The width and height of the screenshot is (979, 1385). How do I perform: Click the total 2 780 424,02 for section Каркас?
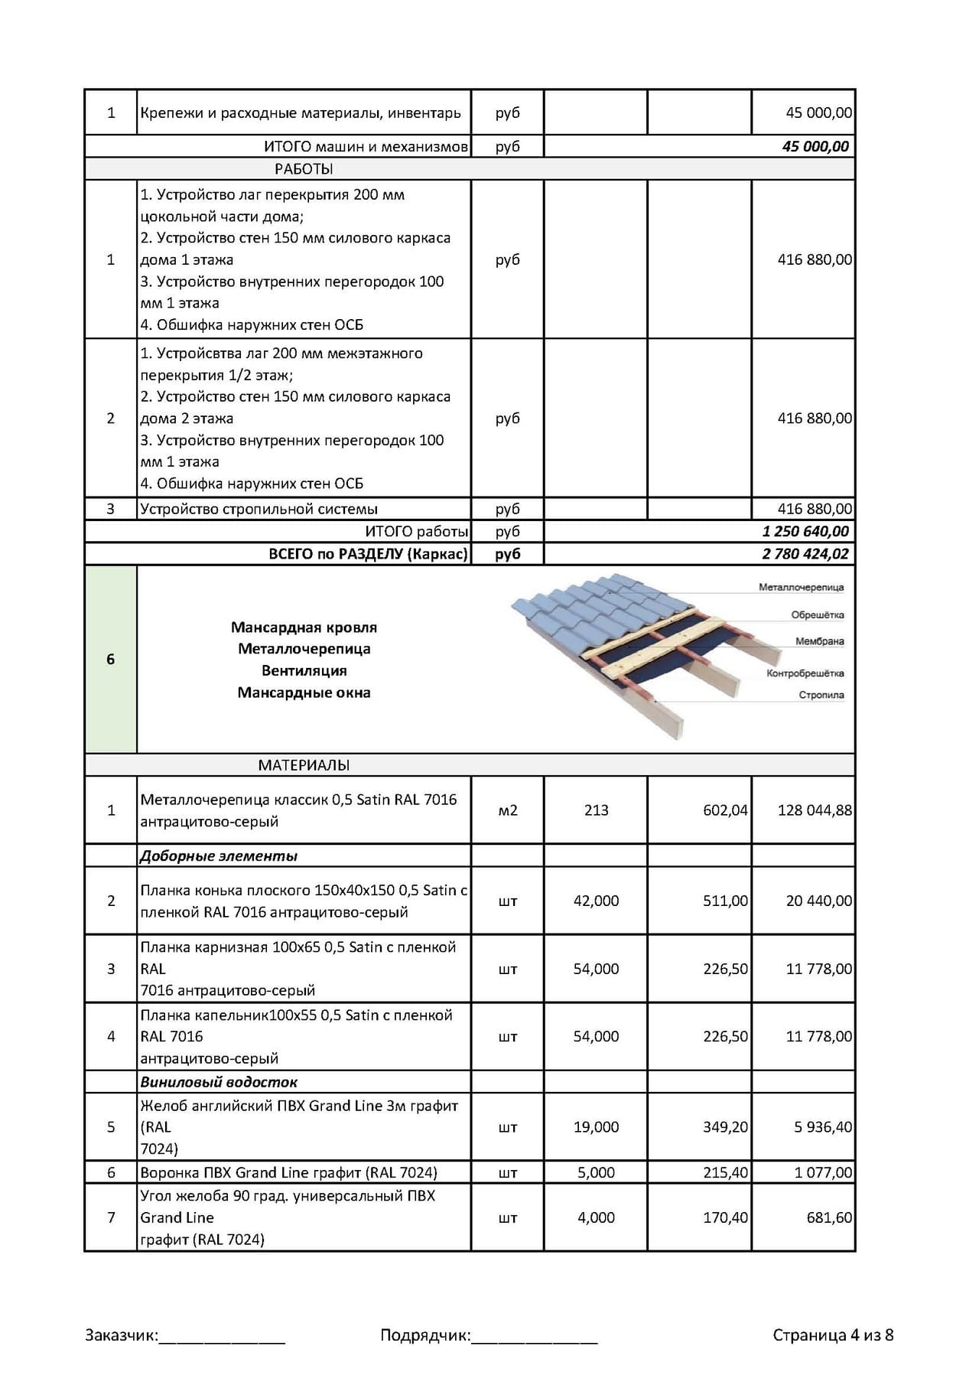[x=805, y=554]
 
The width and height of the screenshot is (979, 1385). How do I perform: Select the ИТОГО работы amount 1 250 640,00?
[x=805, y=531]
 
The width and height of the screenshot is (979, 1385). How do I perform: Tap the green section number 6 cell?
[x=111, y=659]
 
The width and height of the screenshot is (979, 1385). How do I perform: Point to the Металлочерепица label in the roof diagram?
[x=801, y=588]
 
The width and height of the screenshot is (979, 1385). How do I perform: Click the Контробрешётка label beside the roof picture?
[x=805, y=673]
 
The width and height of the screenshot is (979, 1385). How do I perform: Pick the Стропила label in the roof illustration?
[x=821, y=695]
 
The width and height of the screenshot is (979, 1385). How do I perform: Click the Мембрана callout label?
[x=819, y=641]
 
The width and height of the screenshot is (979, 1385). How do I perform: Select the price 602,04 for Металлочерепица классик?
[x=725, y=810]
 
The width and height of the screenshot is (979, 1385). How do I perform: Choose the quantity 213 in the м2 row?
[x=596, y=810]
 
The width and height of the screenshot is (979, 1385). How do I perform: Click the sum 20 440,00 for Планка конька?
[x=818, y=901]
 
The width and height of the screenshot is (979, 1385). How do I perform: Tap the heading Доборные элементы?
[x=219, y=856]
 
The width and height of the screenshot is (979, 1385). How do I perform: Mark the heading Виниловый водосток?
[x=219, y=1082]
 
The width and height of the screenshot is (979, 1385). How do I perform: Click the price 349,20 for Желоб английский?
[x=725, y=1127]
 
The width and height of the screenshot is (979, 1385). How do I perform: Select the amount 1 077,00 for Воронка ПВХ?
[x=823, y=1172]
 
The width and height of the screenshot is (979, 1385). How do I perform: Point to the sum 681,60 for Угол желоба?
[x=829, y=1217]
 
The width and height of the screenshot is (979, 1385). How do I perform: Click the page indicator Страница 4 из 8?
[x=833, y=1335]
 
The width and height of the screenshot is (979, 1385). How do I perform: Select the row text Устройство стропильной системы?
[x=259, y=509]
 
